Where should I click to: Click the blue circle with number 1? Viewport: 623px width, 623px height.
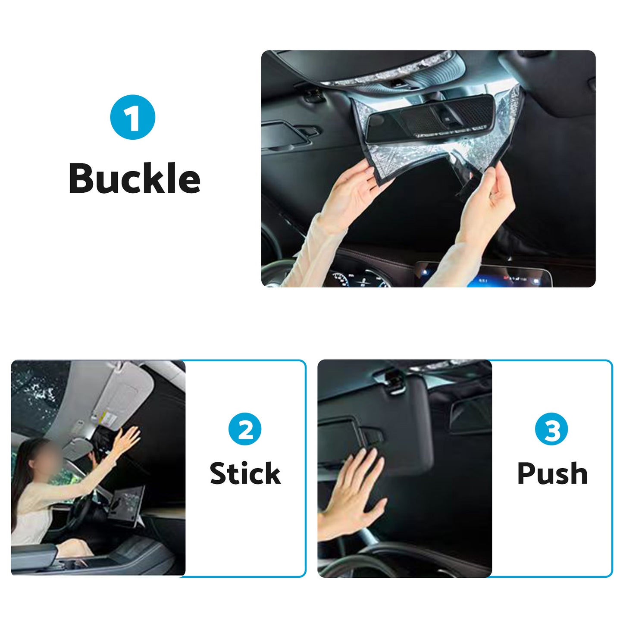point(132,117)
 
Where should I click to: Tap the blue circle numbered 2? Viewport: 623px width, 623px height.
point(245,429)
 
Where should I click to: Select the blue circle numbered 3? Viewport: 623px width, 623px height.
point(551,429)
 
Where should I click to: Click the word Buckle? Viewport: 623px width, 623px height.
point(135,178)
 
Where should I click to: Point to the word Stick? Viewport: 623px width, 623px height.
point(245,473)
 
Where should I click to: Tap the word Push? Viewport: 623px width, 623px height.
point(552,473)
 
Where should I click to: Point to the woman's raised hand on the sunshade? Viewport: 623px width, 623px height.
point(129,440)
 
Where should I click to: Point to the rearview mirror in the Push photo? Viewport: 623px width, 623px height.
point(470,414)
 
